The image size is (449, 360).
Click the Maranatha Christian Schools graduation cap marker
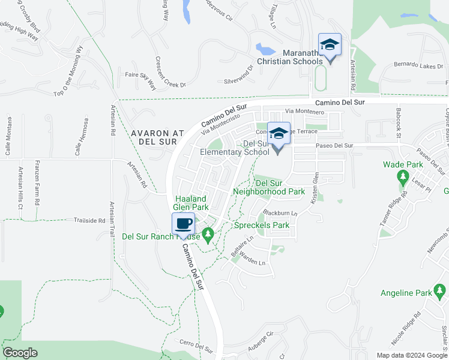330,46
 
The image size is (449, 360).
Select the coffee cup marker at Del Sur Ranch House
184,224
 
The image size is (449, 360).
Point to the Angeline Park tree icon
441,292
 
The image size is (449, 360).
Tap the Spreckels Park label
262,226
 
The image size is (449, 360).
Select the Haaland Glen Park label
191,203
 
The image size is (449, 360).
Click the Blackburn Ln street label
279,213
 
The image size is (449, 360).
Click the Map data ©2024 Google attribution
412,355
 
